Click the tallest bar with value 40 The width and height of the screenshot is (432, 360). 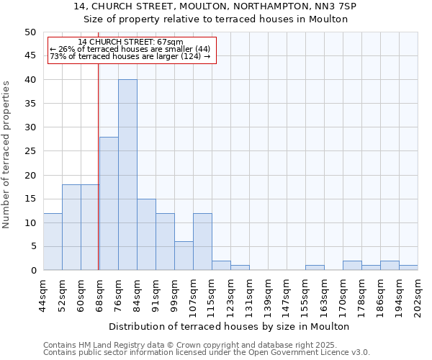point(127,175)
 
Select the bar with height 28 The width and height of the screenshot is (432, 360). point(109,204)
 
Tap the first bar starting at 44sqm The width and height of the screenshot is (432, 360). point(53,241)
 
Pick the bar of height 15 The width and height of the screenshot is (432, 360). point(146,234)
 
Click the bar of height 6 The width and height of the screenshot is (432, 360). point(184,256)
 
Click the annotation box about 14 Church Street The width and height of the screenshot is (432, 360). point(131,50)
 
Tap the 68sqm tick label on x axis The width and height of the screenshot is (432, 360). point(99,293)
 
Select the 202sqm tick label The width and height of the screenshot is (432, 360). point(418,294)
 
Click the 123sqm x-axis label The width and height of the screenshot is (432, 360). point(230,294)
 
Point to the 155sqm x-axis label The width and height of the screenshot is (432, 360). point(305,294)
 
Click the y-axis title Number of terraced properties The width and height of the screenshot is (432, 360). point(6,155)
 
